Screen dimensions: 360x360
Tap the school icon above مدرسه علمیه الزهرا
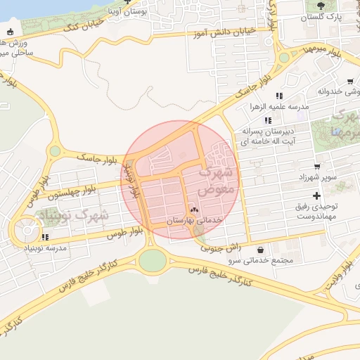(279, 96)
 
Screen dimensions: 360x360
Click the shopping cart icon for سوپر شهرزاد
(317, 167)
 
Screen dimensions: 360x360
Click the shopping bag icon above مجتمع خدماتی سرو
(261, 250)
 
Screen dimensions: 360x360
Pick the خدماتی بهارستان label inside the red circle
(194, 220)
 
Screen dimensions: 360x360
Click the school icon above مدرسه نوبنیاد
(46, 237)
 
